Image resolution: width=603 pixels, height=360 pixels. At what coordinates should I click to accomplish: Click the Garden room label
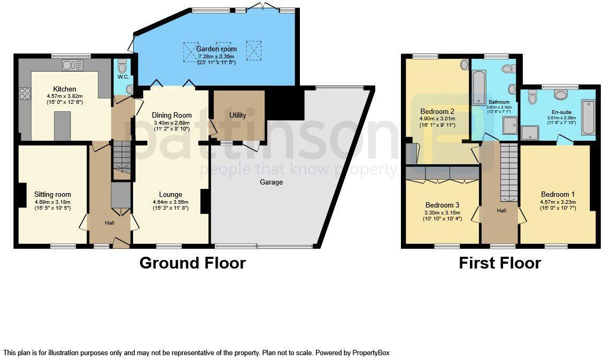pyautogui.click(x=218, y=49)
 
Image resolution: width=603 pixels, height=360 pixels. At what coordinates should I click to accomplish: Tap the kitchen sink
pyautogui.click(x=72, y=65)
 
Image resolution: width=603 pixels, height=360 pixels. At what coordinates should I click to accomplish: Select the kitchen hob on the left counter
pyautogui.click(x=25, y=94)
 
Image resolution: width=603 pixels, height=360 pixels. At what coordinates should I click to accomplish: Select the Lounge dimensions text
pyautogui.click(x=171, y=203)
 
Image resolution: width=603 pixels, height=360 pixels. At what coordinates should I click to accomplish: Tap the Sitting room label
pyautogui.click(x=52, y=195)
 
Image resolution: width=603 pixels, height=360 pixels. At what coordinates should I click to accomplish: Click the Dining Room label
pyautogui.click(x=172, y=115)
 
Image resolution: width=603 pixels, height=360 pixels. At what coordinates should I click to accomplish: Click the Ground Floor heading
pyautogui.click(x=192, y=263)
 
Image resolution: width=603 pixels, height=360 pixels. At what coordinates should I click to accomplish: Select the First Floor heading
pyautogui.click(x=500, y=263)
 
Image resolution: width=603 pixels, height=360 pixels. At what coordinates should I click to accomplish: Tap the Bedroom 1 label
pyautogui.click(x=558, y=194)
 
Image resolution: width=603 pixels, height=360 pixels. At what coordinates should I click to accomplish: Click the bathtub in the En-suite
pyautogui.click(x=587, y=117)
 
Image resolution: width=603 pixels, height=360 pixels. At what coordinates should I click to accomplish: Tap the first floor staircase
pyautogui.click(x=508, y=171)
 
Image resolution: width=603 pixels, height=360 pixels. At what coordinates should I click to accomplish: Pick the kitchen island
pyautogui.click(x=63, y=126)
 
